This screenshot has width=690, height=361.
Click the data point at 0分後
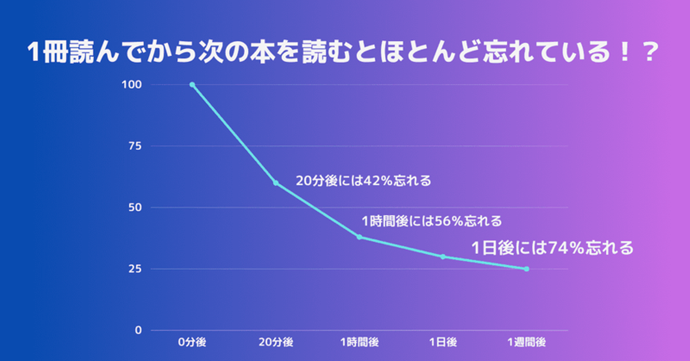coord(192,85)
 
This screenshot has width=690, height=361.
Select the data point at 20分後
coord(276,183)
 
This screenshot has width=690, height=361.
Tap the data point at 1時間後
coord(359,237)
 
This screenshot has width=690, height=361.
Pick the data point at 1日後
coord(443,257)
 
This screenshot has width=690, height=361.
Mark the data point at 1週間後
coord(527,269)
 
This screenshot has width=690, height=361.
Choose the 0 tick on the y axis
coord(139,330)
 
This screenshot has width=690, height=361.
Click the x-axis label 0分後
coord(192,342)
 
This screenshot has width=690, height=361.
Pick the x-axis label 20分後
coord(276,342)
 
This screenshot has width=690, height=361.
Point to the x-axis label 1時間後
coord(359,342)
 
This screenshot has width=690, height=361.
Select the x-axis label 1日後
coord(443,342)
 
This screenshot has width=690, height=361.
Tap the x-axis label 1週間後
coord(527,342)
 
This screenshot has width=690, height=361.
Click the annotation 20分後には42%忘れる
coord(363,181)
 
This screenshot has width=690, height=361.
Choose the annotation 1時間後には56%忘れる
coord(432,221)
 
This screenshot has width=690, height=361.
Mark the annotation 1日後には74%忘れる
coord(552,248)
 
